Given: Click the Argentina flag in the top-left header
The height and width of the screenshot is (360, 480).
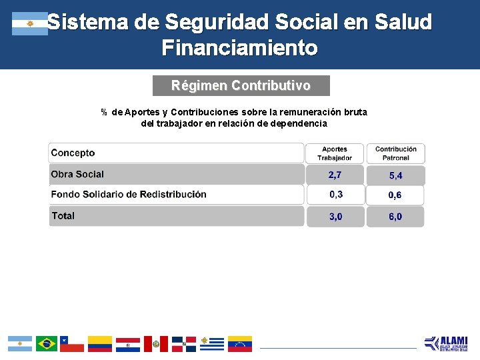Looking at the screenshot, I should [30, 23].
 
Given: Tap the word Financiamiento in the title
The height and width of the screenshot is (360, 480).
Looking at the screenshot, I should [239, 48].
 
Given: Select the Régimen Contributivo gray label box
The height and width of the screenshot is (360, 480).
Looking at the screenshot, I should [241, 86].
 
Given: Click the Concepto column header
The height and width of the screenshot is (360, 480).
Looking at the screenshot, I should [73, 153].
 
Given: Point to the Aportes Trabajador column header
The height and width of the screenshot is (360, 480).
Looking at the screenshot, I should [335, 153].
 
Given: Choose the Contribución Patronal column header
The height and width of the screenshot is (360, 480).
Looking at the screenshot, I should [395, 153].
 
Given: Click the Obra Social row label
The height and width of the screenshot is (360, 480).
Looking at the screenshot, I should [77, 174].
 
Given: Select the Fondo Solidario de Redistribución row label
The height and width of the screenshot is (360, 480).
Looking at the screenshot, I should [129, 195].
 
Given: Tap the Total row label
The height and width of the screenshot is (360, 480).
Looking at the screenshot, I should [63, 216].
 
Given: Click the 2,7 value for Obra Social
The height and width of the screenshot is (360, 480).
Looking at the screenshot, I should [335, 175].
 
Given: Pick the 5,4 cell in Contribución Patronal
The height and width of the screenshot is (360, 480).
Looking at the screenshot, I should [395, 176].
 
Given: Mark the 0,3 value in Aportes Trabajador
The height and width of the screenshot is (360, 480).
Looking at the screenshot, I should [336, 195].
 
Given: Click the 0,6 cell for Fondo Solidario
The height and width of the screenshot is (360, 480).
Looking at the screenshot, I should [395, 195].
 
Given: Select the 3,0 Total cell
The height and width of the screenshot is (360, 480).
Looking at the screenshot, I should [335, 217].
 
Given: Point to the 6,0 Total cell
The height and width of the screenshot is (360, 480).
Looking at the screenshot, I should [395, 217].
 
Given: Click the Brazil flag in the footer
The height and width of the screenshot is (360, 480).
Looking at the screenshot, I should [47, 344].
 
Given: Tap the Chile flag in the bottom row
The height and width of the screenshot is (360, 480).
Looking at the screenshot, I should [72, 344].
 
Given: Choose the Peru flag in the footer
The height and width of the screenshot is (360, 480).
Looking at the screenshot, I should [156, 344].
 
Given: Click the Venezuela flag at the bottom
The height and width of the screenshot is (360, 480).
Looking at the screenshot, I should [240, 344].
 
